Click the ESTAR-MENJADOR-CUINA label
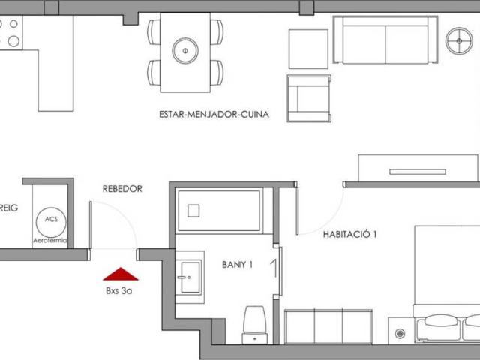pos(214,115)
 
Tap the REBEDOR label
pos(122,189)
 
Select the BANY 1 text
pos(237,264)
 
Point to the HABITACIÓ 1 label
pos(349,234)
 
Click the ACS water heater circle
pos(51,220)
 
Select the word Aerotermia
pos(51,240)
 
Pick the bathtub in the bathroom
pos(218,211)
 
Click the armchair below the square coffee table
pos(308,97)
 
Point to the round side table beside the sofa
pos(459,40)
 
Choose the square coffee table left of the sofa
pos(308,49)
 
